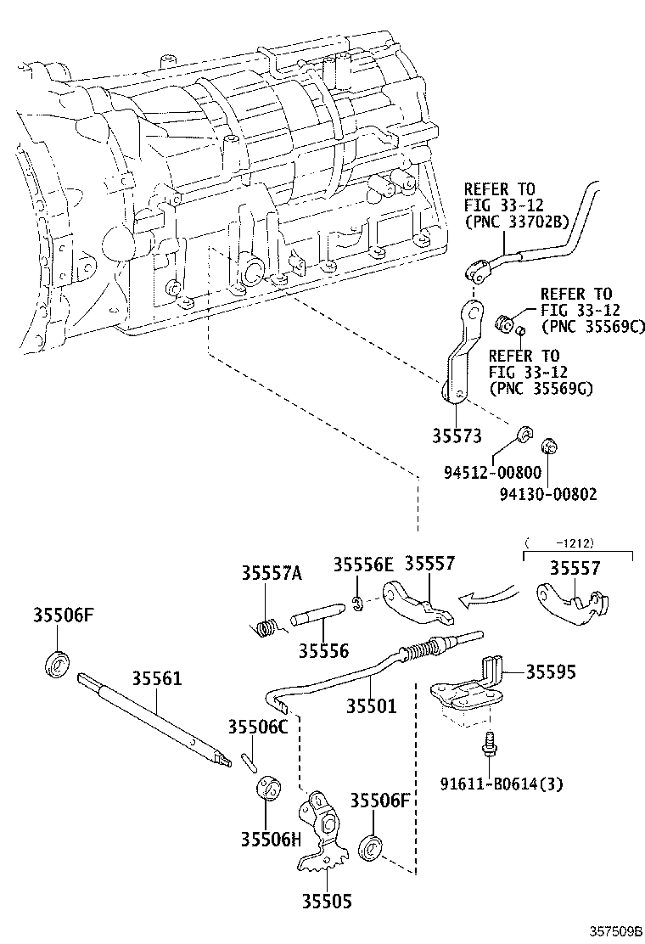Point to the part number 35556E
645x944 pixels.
point(362,565)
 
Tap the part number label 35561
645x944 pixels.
point(156,679)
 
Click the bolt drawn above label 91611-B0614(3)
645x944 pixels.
point(490,744)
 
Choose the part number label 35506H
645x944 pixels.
point(270,840)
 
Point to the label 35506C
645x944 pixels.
point(258,727)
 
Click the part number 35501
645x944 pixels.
point(371,705)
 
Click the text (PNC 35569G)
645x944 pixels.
point(540,388)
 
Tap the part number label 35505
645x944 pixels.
point(322,902)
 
